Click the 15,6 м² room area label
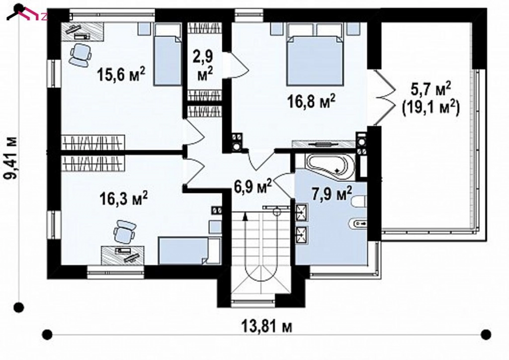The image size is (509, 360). click(121, 76)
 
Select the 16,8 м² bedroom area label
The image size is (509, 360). click(311, 102)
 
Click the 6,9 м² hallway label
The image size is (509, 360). click(253, 187)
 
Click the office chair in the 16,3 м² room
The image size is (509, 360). click(124, 231)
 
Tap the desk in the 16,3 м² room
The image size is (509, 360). click(123, 254)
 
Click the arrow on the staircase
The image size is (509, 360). click(245, 217)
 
